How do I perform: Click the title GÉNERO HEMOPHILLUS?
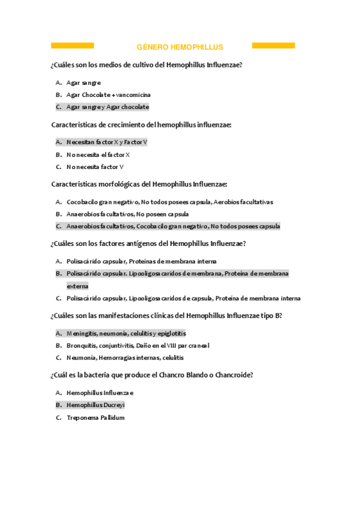180,47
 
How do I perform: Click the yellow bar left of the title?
72,46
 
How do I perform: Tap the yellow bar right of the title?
273,46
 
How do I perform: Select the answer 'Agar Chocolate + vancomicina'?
108,95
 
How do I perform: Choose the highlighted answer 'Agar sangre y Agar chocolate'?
108,107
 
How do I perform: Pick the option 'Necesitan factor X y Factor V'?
106,143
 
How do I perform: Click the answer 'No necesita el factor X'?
98,155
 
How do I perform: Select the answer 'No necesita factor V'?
95,167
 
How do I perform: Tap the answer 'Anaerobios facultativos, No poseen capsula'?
127,214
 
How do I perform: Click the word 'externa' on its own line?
78,286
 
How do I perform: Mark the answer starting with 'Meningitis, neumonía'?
126,333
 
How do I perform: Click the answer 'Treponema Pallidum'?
95,417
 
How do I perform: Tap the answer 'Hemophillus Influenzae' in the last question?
100,393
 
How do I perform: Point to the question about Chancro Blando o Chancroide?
152,375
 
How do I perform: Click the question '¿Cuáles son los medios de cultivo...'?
147,65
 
